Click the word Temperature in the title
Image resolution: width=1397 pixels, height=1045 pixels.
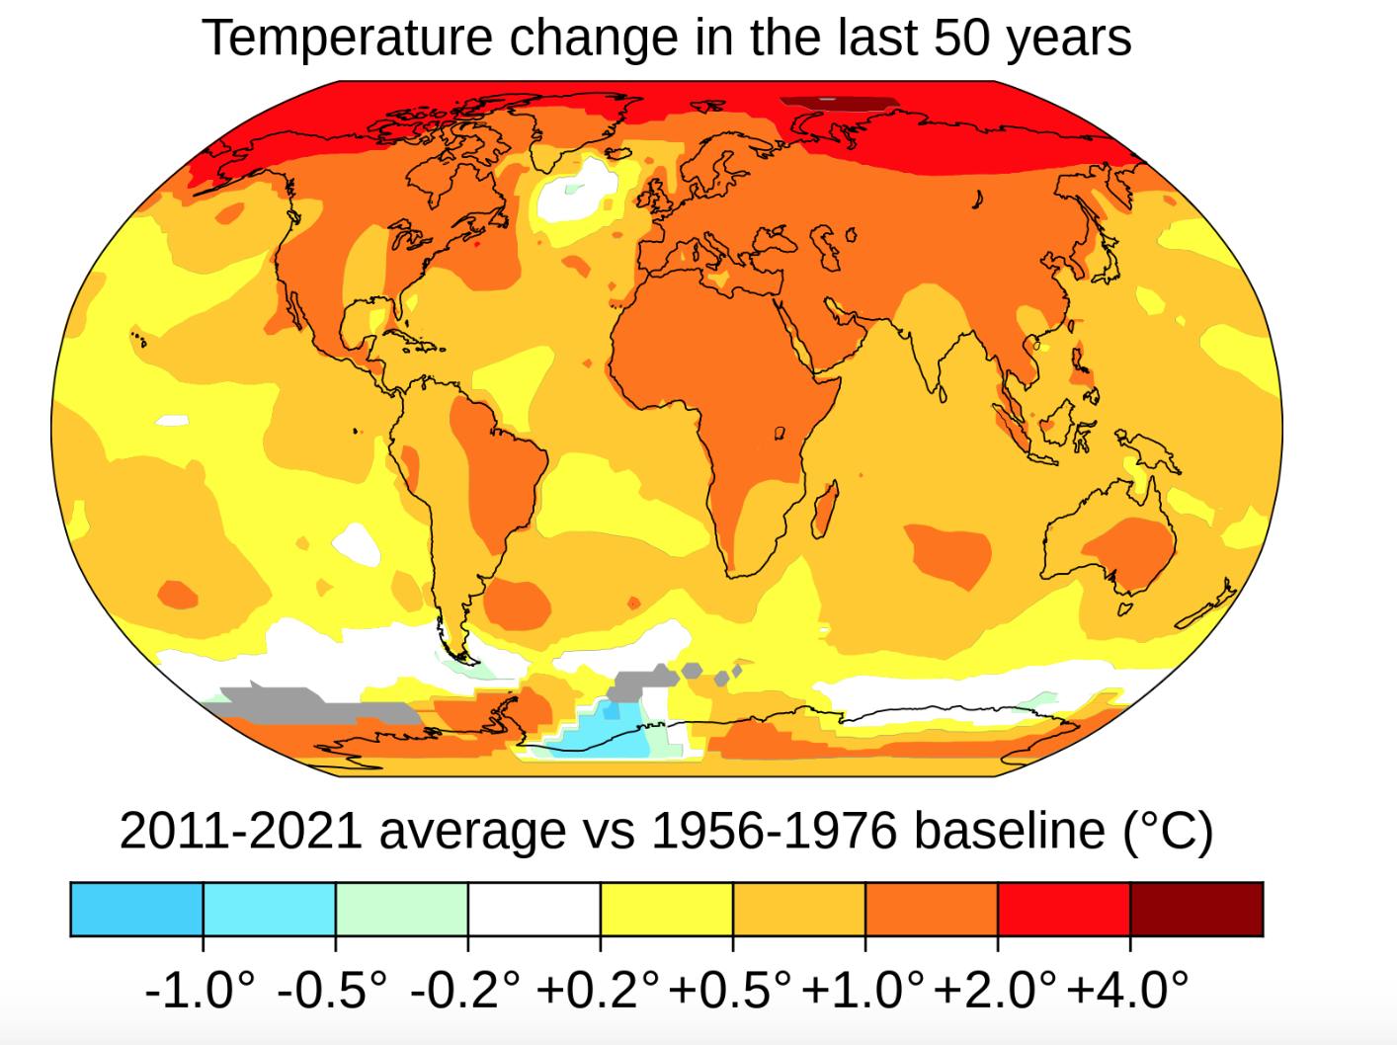tap(346, 38)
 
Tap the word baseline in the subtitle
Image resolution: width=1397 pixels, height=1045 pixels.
tap(1013, 831)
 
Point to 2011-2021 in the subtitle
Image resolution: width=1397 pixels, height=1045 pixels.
tap(240, 831)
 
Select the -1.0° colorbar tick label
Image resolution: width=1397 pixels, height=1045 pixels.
tap(201, 989)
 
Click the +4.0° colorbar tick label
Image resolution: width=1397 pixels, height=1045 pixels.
tap(1128, 989)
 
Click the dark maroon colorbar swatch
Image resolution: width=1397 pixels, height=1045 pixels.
tap(1196, 910)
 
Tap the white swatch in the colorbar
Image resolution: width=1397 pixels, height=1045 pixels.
tap(534, 910)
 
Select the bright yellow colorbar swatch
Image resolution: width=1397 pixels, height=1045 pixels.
tap(666, 910)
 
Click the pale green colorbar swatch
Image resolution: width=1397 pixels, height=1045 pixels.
tap(401, 910)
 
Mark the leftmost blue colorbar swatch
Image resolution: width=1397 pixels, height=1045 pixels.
tap(136, 910)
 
